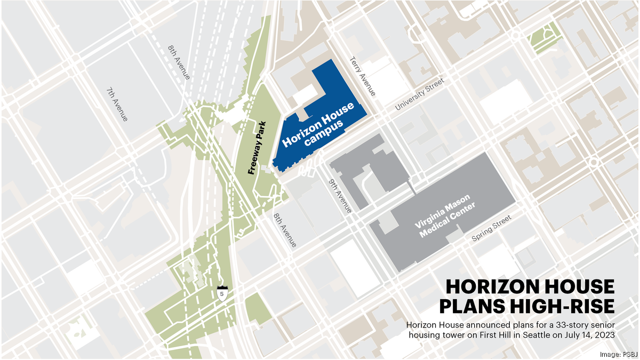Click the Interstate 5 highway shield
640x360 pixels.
pos(221,293)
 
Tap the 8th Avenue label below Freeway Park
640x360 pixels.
pos(285,230)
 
